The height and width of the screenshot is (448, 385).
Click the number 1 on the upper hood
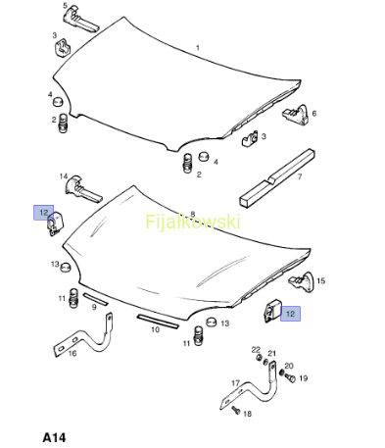pos(198,48)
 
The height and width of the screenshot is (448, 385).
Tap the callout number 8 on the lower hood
pos(193,215)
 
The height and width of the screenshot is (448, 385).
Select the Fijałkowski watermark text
pos(193,222)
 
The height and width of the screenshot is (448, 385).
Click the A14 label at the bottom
pos(54,437)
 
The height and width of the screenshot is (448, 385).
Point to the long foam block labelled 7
pos(277,178)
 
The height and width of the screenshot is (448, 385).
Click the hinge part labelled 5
pos(80,20)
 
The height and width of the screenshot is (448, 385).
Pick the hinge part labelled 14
pos(83,189)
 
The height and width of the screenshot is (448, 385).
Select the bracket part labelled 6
pos(296,115)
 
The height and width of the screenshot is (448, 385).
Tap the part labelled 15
pos(301,281)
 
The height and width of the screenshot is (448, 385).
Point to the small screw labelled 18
pos(236,410)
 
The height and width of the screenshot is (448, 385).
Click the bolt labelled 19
pos(289,377)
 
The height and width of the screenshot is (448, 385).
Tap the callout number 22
pos(256,350)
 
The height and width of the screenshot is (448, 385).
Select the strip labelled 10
pos(158,322)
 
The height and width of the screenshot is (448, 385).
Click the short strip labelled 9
pos(95,299)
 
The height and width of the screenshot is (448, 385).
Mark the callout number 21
pos(272,353)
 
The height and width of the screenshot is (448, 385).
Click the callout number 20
pos(289,366)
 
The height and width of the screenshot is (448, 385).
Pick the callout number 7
pos(300,176)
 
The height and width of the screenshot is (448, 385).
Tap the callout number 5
pos(65,6)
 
